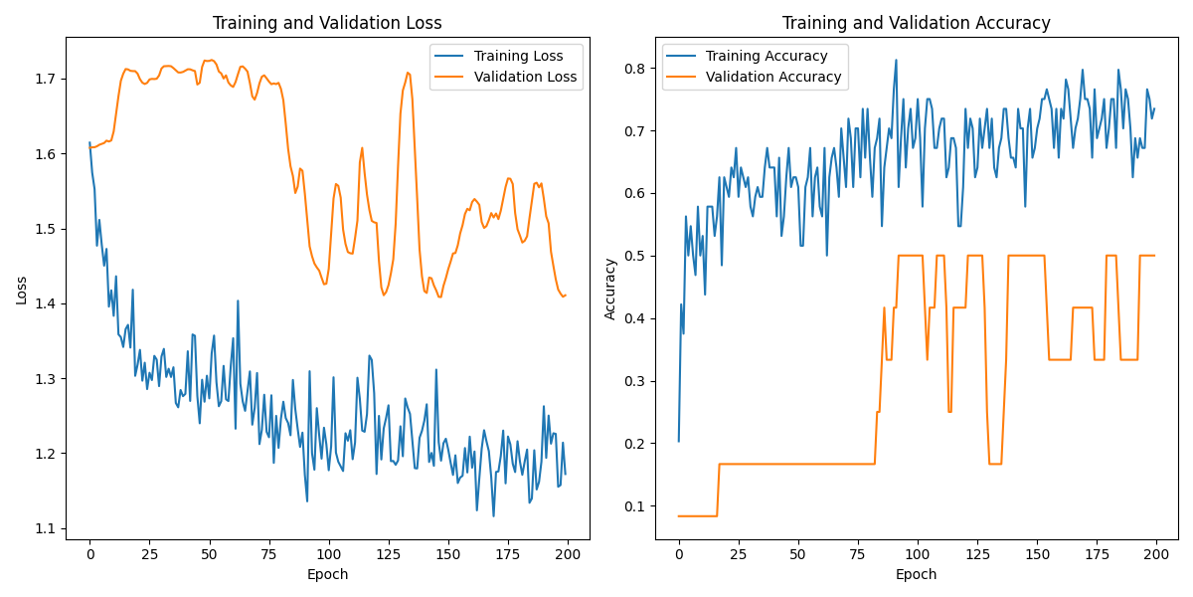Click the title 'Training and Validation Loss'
(x=327, y=23)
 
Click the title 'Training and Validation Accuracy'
(x=916, y=23)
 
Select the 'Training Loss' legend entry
(x=518, y=56)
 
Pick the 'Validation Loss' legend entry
(x=525, y=77)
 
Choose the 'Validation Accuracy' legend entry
(x=773, y=77)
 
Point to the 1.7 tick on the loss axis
(x=47, y=79)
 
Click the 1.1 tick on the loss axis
(x=47, y=528)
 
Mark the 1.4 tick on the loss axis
(x=47, y=303)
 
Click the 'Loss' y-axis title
(x=21, y=290)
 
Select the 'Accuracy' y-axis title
(x=610, y=290)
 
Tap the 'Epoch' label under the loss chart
(x=327, y=574)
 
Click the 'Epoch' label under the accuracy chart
(x=916, y=574)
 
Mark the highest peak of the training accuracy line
(x=896, y=60)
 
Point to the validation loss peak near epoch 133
(x=408, y=72)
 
